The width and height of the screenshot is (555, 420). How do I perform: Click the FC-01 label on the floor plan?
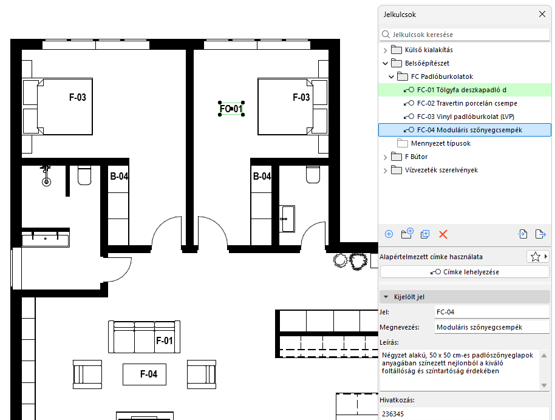click(231, 109)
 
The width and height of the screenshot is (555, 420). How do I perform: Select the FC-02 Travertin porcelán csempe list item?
click(467, 103)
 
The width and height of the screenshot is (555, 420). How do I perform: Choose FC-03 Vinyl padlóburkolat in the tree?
click(466, 117)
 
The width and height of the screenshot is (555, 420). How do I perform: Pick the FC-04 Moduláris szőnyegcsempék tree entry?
click(469, 130)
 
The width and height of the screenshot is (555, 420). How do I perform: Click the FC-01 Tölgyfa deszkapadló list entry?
click(461, 90)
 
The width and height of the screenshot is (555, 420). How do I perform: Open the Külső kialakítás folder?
click(429, 50)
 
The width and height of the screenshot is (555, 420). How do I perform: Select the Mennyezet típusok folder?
click(441, 143)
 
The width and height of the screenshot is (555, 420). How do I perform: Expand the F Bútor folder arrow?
click(385, 157)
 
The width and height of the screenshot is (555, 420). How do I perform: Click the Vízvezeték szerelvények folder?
click(441, 170)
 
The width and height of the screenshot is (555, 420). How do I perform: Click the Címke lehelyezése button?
click(465, 272)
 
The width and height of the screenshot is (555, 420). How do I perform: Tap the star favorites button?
click(535, 257)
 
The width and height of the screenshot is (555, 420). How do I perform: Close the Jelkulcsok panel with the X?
click(542, 14)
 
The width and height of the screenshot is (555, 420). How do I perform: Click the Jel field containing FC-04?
click(491, 312)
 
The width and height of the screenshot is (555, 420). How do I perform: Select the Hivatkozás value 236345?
click(393, 414)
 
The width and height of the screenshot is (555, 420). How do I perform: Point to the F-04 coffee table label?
click(149, 374)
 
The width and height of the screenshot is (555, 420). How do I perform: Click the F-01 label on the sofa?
click(165, 340)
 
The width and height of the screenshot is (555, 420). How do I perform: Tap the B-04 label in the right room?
click(262, 176)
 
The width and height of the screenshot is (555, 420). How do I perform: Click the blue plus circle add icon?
click(389, 234)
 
